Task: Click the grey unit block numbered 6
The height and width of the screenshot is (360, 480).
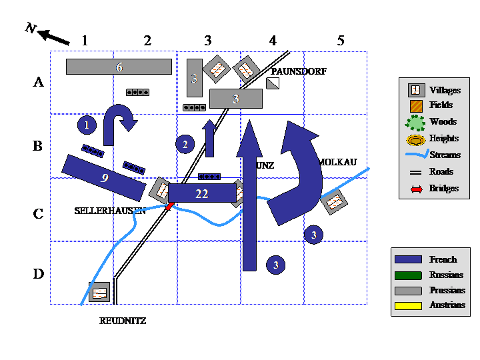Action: click(x=119, y=67)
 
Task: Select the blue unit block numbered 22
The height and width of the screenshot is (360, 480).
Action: click(x=202, y=193)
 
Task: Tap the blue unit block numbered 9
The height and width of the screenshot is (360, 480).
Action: click(x=104, y=177)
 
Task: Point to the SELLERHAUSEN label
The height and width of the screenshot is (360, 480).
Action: click(x=110, y=211)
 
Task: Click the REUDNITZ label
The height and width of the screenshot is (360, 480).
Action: click(x=123, y=321)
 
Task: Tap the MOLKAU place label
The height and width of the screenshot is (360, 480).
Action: click(x=339, y=162)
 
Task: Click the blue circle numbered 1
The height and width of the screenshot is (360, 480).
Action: click(x=87, y=125)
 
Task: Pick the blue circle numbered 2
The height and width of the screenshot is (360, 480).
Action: click(x=185, y=143)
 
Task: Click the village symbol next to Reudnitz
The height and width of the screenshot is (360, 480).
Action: click(x=99, y=292)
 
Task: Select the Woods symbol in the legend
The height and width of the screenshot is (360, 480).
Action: click(x=415, y=122)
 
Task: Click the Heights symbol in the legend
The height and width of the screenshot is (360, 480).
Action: click(x=415, y=139)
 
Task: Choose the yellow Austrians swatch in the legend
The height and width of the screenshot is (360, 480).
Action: click(x=409, y=306)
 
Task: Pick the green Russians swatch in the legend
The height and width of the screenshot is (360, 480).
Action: click(x=409, y=275)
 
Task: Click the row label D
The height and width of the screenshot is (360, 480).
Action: click(x=38, y=274)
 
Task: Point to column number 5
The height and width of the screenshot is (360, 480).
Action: click(x=341, y=41)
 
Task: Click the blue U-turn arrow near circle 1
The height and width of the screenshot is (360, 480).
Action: click(x=121, y=122)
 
